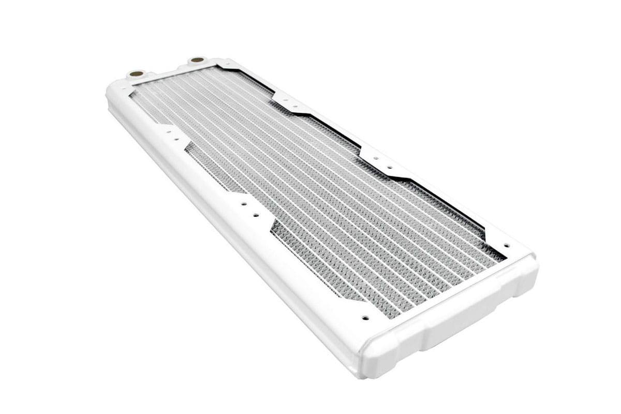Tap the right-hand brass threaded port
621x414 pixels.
point(197,60)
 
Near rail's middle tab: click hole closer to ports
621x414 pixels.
point(243,204)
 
